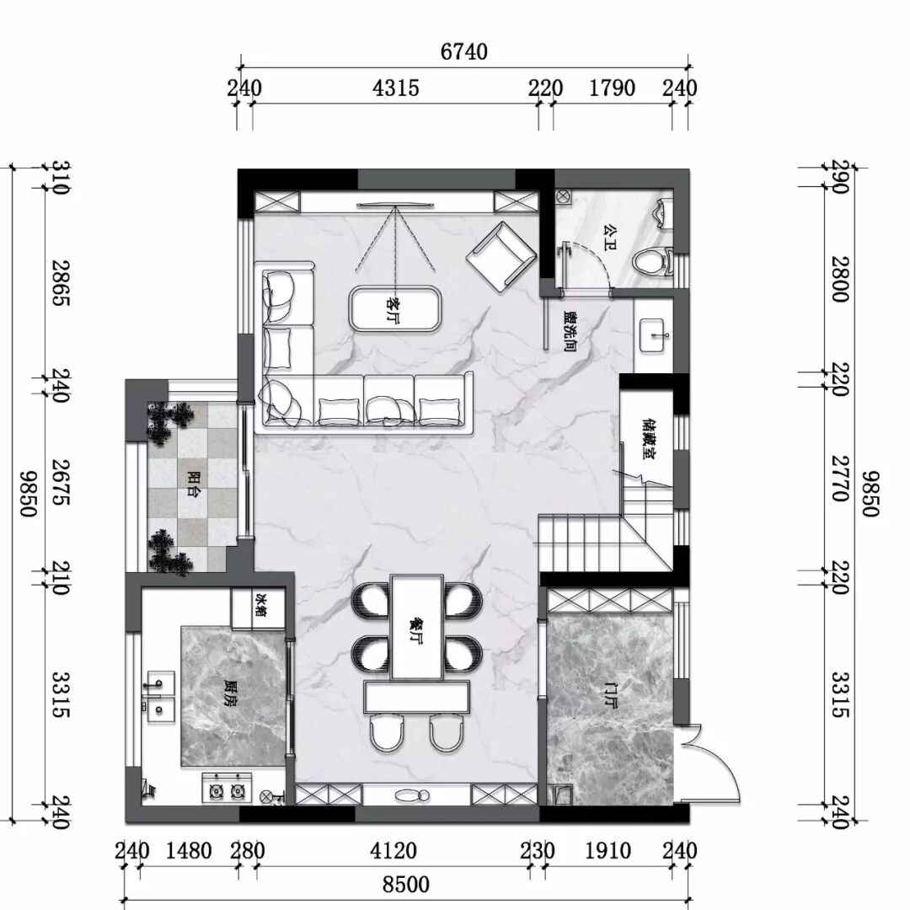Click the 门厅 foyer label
pos(611,696)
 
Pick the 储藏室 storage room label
pos(650,439)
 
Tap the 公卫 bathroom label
pos(609,238)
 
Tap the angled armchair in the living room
pos(500,256)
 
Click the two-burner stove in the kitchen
pos(227,788)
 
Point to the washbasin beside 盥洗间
pos(656,335)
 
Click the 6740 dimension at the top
pos(463,52)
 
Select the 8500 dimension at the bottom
pos(406,885)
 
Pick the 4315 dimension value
pos(395,88)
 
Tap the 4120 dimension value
pos(393,851)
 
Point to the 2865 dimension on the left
pos(61,282)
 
